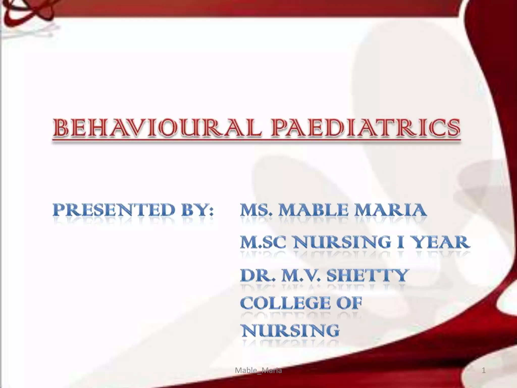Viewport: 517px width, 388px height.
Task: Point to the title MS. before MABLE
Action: (256, 210)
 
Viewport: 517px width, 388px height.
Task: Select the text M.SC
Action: (263, 242)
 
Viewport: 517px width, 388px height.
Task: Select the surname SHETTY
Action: (368, 275)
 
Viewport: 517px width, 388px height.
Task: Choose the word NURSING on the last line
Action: (290, 330)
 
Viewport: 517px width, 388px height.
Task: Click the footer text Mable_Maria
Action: (258, 370)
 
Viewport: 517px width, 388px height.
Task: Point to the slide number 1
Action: (484, 370)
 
